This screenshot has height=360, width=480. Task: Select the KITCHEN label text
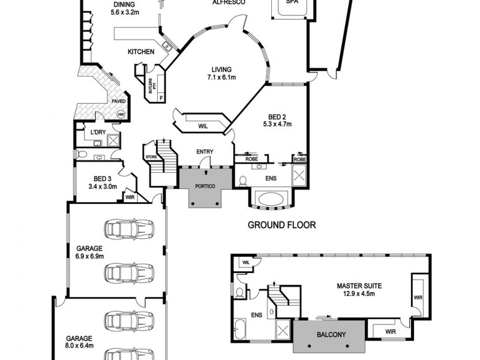click(x=141, y=52)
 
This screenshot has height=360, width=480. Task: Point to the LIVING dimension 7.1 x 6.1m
click(x=221, y=77)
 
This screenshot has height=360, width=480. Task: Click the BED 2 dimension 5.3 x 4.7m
click(x=277, y=124)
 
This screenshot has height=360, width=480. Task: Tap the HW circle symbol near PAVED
click(x=121, y=114)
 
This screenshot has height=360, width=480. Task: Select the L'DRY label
click(x=98, y=132)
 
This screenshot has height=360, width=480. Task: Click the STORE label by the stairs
click(x=151, y=157)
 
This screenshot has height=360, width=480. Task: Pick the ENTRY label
click(x=205, y=152)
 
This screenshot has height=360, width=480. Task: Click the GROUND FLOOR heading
click(x=281, y=226)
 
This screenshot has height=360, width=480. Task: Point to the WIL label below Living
click(x=203, y=125)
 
